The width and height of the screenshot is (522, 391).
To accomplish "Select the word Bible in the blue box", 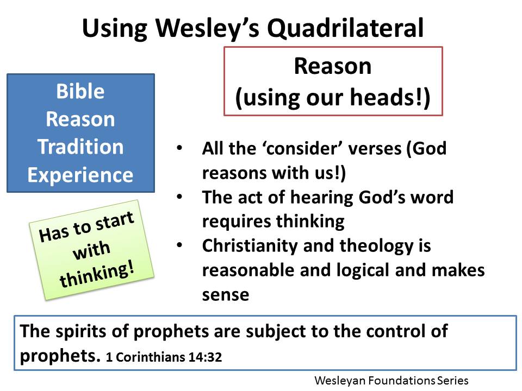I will click(80, 91).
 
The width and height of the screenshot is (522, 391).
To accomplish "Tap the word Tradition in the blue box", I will click(80, 147).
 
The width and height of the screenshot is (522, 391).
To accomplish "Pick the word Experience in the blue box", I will click(80, 175).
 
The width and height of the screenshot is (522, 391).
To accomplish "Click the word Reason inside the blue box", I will click(80, 119).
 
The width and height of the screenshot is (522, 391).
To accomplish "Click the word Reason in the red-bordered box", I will click(332, 66).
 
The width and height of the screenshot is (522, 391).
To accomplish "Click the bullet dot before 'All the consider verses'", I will click(179, 148).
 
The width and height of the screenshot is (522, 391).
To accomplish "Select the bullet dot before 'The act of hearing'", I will click(179, 197).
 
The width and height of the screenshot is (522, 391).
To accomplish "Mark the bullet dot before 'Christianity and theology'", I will click(179, 245).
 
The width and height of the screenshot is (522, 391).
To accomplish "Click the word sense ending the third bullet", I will click(225, 294).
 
